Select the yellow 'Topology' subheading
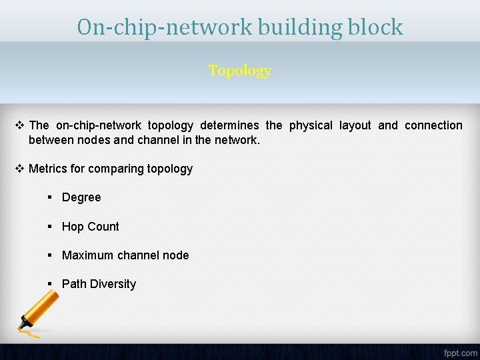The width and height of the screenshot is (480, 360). [x=240, y=71]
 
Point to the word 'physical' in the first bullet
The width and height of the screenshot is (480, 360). [x=310, y=125]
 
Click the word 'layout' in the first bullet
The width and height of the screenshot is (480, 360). [x=355, y=125]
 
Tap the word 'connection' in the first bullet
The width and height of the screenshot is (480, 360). [x=433, y=125]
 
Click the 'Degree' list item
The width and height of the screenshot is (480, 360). [x=81, y=197]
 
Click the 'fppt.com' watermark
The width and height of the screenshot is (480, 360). [x=460, y=352]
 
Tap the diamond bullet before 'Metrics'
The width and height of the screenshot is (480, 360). [x=19, y=169]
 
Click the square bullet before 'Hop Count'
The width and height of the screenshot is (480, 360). [x=50, y=227]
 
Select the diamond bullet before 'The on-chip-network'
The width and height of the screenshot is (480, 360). [x=19, y=125]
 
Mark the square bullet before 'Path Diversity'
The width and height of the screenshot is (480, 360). [x=50, y=284]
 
